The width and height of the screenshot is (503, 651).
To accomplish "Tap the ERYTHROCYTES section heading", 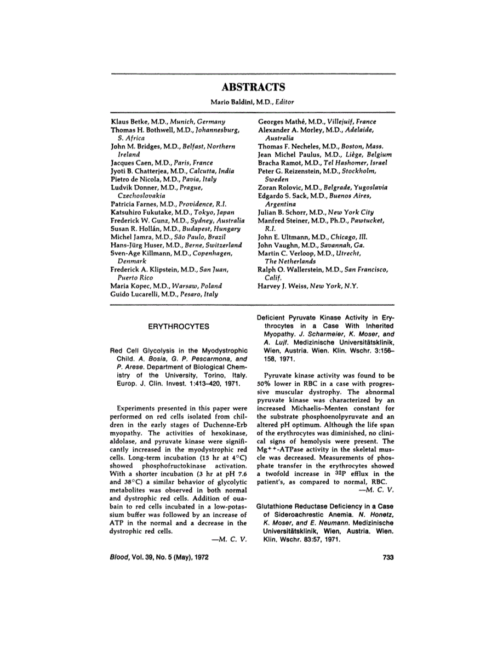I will pyautogui.click(x=179, y=326).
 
